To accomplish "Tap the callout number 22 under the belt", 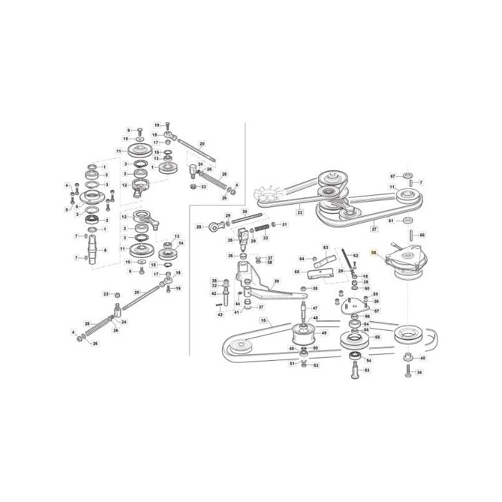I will point(300,213).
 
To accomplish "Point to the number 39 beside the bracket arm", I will point(275,282).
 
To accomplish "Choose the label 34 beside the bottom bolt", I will point(420,373).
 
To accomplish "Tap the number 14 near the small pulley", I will point(182,243).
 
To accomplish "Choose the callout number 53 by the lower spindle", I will point(368,370).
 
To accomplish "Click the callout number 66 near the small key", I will point(422,235).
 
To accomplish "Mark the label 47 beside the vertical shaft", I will point(316,308).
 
